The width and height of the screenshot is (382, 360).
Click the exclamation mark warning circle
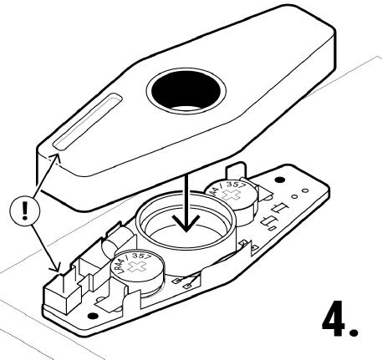tap(25, 210)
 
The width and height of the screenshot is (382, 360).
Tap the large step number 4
tap(334, 318)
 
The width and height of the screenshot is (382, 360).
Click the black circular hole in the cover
tap(186, 90)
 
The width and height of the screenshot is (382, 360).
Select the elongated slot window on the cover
tap(88, 122)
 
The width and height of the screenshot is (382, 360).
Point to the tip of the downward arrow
tap(186, 231)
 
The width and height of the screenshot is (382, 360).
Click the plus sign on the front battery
tap(136, 266)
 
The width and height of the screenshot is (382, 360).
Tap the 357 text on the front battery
tap(141, 256)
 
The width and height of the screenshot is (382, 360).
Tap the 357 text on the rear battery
tap(236, 185)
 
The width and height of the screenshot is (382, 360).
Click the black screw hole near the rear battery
tap(279, 180)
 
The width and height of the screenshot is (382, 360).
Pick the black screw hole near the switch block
tap(93, 316)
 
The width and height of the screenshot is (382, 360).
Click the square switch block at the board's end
tap(61, 293)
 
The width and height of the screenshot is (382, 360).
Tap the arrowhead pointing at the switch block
tap(56, 267)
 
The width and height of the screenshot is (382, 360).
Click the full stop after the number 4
tap(354, 332)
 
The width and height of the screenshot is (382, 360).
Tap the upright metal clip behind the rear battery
tap(237, 170)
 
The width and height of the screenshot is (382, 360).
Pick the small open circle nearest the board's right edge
tap(305, 190)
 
